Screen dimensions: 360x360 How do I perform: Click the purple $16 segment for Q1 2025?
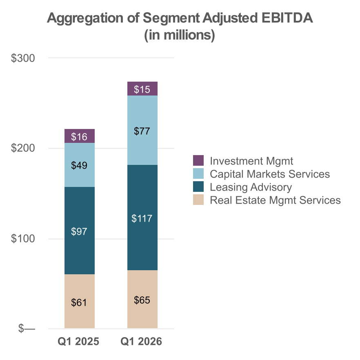coord(80,136)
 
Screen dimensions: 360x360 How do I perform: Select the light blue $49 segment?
coord(80,165)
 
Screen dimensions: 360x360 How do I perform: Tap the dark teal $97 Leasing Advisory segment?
coord(80,231)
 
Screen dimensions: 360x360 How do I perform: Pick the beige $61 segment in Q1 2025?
coord(80,301)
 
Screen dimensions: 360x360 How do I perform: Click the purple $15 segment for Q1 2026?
coord(142,89)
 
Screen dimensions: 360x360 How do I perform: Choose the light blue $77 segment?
coord(142,130)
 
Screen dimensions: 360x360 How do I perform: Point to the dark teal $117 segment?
coord(142,218)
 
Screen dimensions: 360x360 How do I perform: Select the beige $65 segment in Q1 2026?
coord(142,299)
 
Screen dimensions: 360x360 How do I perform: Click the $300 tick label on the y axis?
coord(23,58)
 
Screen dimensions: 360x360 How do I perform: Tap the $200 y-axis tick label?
coord(23,148)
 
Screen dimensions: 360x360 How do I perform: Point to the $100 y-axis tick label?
coord(23,238)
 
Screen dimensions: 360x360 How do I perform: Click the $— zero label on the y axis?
coord(27,329)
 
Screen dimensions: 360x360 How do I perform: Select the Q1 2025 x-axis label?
coord(78,341)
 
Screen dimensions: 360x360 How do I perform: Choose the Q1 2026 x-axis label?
coord(141,341)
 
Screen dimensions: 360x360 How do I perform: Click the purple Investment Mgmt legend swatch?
coord(198,160)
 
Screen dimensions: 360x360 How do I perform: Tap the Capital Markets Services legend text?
coord(270,174)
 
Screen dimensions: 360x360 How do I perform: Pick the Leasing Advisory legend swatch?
coord(198,187)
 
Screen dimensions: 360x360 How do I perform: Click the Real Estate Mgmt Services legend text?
coord(275,200)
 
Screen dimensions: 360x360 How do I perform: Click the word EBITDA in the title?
coord(287,18)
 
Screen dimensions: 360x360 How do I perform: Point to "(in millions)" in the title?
coord(180,35)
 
